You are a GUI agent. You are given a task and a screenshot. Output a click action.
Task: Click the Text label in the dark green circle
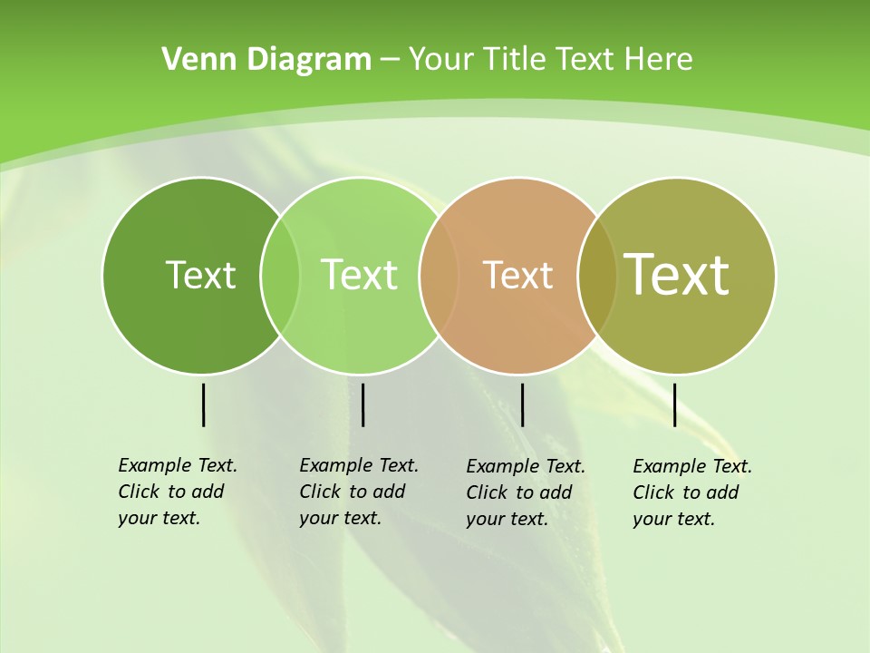pos(200,275)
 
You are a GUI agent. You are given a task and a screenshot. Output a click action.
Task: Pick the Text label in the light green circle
pos(359,275)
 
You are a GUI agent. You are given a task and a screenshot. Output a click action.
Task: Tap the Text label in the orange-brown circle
pos(517,275)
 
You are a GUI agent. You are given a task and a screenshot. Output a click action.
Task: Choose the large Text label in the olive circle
pos(677,274)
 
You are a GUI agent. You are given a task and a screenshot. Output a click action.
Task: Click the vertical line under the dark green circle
pos(204,404)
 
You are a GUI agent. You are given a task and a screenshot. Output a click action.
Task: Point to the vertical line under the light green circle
pos(362,404)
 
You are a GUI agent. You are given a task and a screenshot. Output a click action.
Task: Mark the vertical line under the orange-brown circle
pos(522,404)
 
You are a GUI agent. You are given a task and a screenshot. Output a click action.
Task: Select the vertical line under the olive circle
pos(674,404)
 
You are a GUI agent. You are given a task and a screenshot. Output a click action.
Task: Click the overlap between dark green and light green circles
pos(280,275)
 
